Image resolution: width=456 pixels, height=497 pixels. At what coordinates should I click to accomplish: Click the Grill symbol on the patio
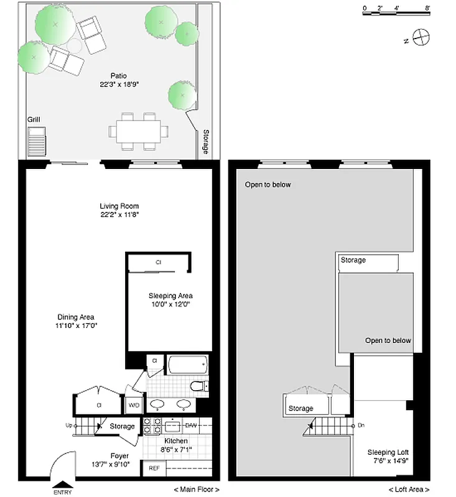[36, 142]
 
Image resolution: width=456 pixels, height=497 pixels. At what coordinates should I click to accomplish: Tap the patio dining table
[139, 131]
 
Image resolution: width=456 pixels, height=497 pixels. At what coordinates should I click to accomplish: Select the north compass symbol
[421, 38]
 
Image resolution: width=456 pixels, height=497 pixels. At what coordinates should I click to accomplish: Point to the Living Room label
[119, 206]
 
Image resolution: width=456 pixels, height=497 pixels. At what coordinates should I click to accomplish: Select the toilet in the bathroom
[198, 386]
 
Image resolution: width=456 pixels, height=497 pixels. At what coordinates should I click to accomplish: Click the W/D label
[134, 406]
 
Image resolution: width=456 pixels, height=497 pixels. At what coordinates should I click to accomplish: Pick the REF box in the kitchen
[153, 469]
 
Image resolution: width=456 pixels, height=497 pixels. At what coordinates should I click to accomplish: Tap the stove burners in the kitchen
[150, 426]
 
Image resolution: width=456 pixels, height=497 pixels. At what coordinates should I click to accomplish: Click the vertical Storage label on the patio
[206, 141]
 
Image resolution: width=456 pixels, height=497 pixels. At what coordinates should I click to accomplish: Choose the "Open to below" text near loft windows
[268, 185]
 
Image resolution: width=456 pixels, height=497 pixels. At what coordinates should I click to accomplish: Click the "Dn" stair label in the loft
[361, 426]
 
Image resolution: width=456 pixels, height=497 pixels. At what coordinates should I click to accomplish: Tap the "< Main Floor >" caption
[196, 490]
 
